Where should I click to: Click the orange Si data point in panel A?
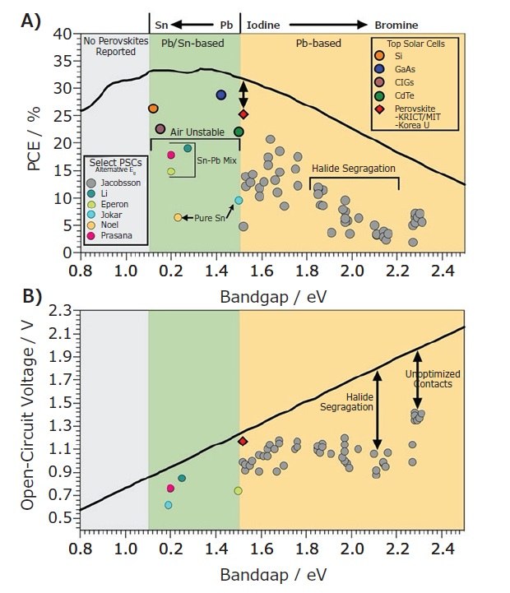point(153,109)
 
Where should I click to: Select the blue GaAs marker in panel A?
point(221,95)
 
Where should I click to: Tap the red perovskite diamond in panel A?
point(243,114)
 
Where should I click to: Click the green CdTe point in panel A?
point(239,132)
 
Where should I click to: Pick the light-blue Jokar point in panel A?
point(239,200)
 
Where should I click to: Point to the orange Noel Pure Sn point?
point(178,217)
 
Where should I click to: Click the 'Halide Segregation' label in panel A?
point(354,169)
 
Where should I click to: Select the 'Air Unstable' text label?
point(197,131)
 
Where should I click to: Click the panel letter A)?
point(31,21)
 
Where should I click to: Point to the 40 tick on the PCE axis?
point(64,34)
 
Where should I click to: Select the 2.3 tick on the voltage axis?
point(61,310)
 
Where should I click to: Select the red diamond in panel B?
point(243,441)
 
